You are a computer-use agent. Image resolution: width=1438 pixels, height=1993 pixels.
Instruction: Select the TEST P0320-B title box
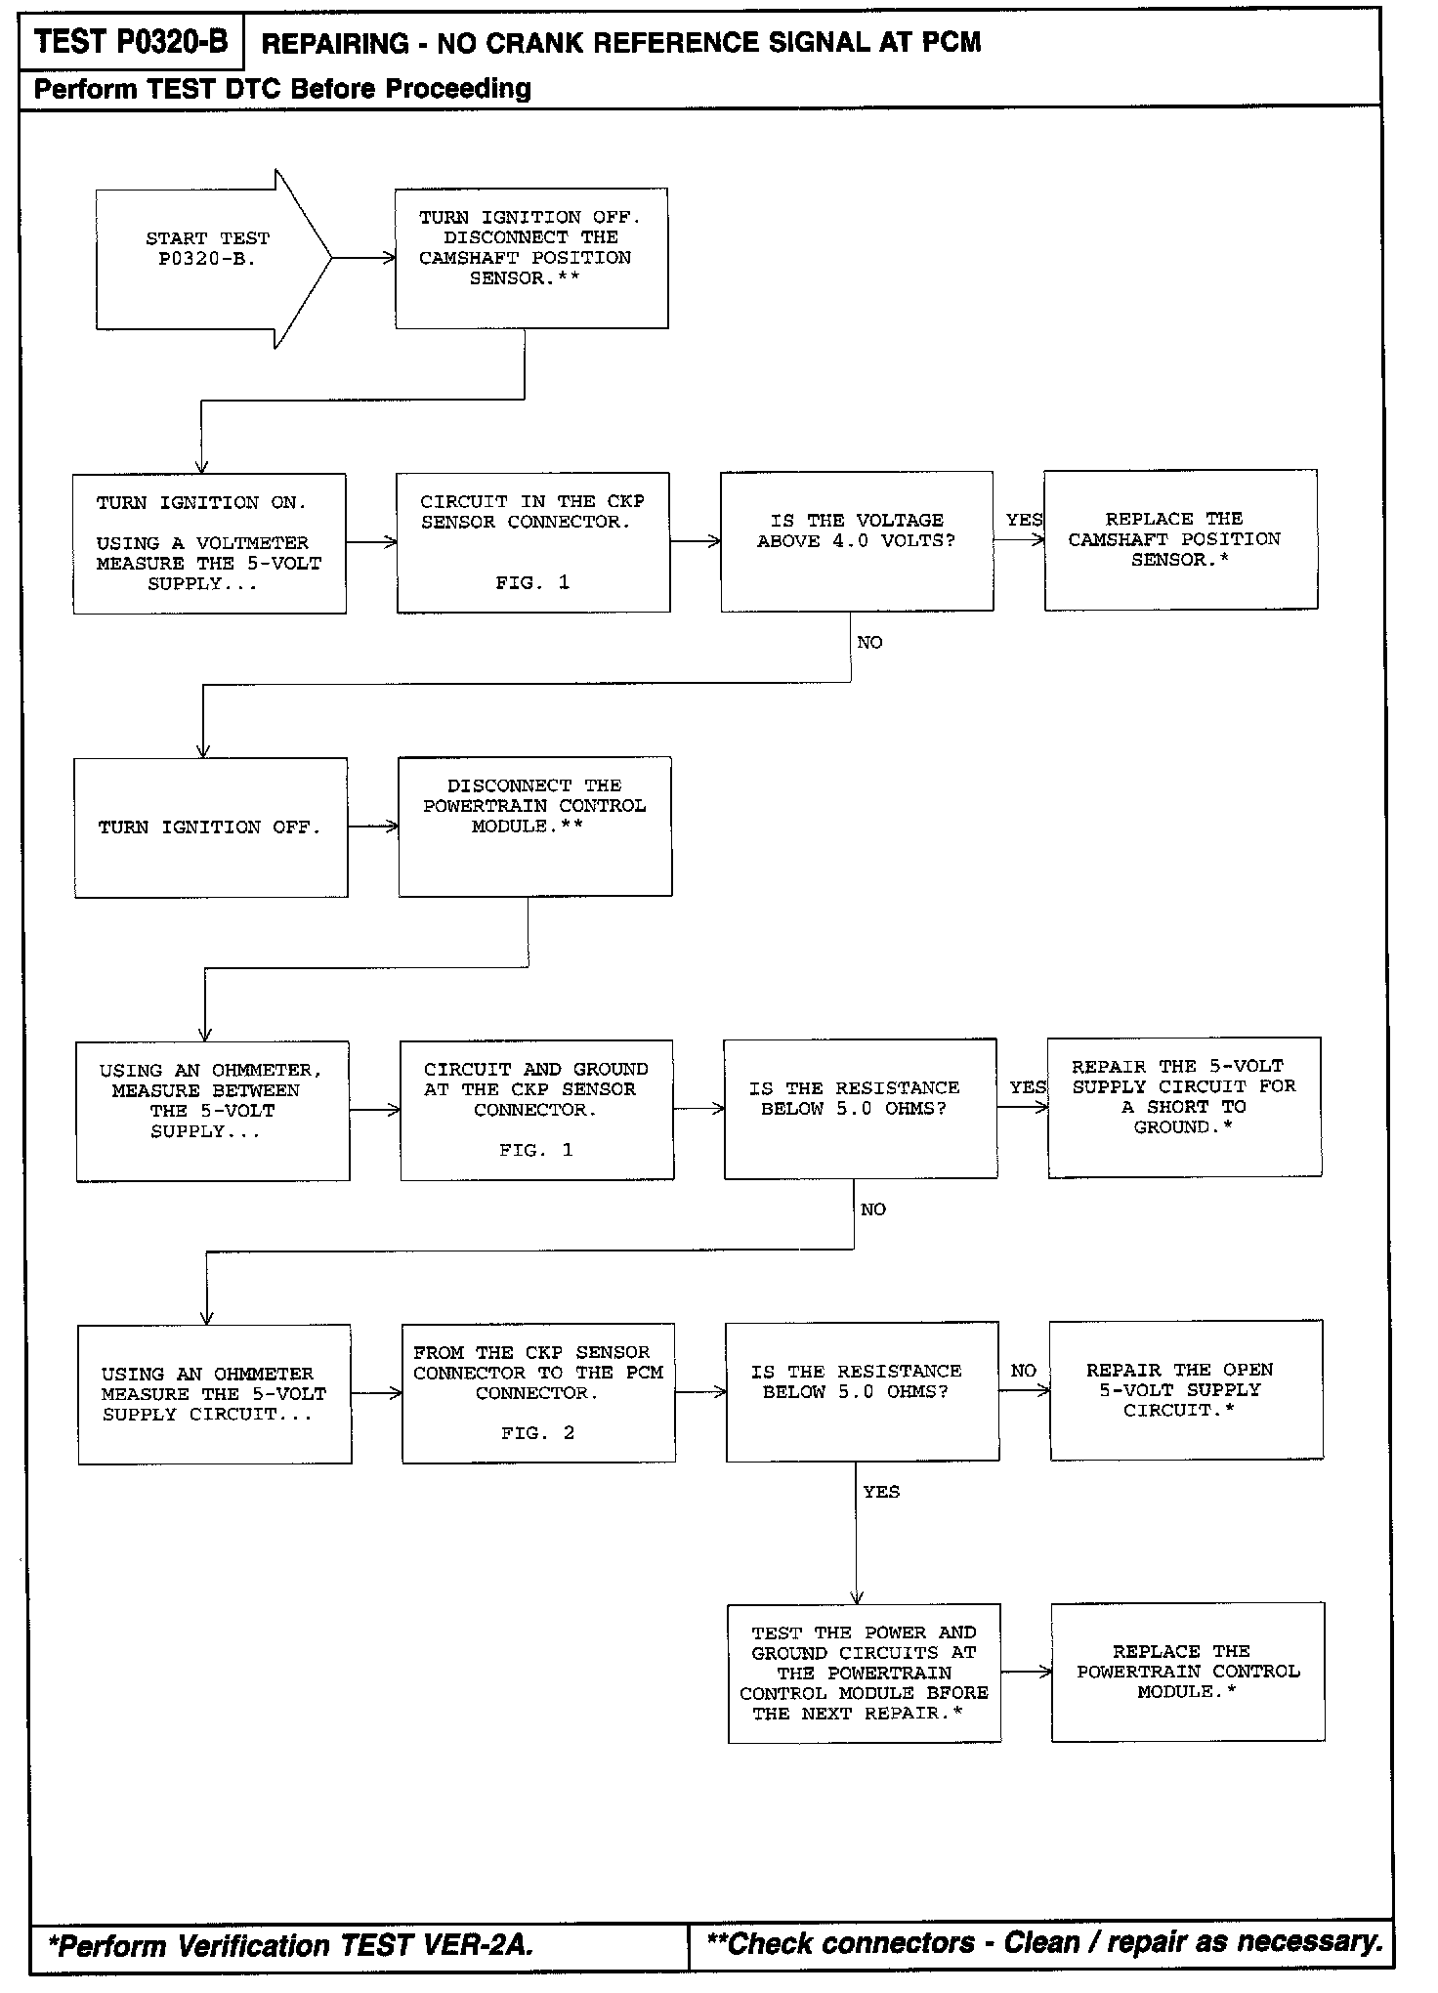[131, 43]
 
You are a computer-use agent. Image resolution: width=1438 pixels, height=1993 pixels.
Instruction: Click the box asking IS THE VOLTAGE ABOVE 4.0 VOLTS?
[857, 541]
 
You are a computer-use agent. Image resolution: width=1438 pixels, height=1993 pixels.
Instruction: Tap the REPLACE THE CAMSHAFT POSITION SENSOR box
[1180, 540]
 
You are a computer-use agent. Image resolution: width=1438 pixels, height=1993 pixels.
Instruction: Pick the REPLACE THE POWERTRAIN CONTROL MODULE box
[1188, 1672]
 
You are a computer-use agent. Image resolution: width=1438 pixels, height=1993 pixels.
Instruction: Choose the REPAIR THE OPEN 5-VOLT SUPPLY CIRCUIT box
[1186, 1389]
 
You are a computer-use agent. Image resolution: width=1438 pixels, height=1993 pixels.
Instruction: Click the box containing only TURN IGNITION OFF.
[210, 827]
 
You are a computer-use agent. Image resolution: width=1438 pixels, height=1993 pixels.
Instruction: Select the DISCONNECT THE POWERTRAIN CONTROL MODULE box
[534, 827]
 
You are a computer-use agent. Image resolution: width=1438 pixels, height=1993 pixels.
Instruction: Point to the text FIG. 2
[538, 1433]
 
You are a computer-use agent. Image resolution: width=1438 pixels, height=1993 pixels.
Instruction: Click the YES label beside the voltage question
[1024, 520]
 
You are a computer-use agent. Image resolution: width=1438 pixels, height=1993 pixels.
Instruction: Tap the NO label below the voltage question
[869, 643]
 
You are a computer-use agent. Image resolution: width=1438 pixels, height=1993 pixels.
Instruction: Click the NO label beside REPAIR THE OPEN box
[1023, 1371]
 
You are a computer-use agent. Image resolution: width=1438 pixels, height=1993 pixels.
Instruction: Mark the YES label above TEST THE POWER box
[881, 1492]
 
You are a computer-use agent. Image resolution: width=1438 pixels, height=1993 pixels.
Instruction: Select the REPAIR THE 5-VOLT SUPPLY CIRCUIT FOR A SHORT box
[1184, 1107]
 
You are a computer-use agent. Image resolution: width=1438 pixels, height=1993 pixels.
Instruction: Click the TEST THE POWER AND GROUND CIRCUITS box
[864, 1673]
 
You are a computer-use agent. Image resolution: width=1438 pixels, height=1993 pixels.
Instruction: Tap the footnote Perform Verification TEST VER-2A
[290, 1945]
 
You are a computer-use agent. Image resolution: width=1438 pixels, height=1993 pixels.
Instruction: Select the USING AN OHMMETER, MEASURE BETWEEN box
[212, 1111]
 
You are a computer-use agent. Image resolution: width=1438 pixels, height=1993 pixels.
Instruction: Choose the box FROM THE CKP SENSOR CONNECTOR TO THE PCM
[538, 1392]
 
